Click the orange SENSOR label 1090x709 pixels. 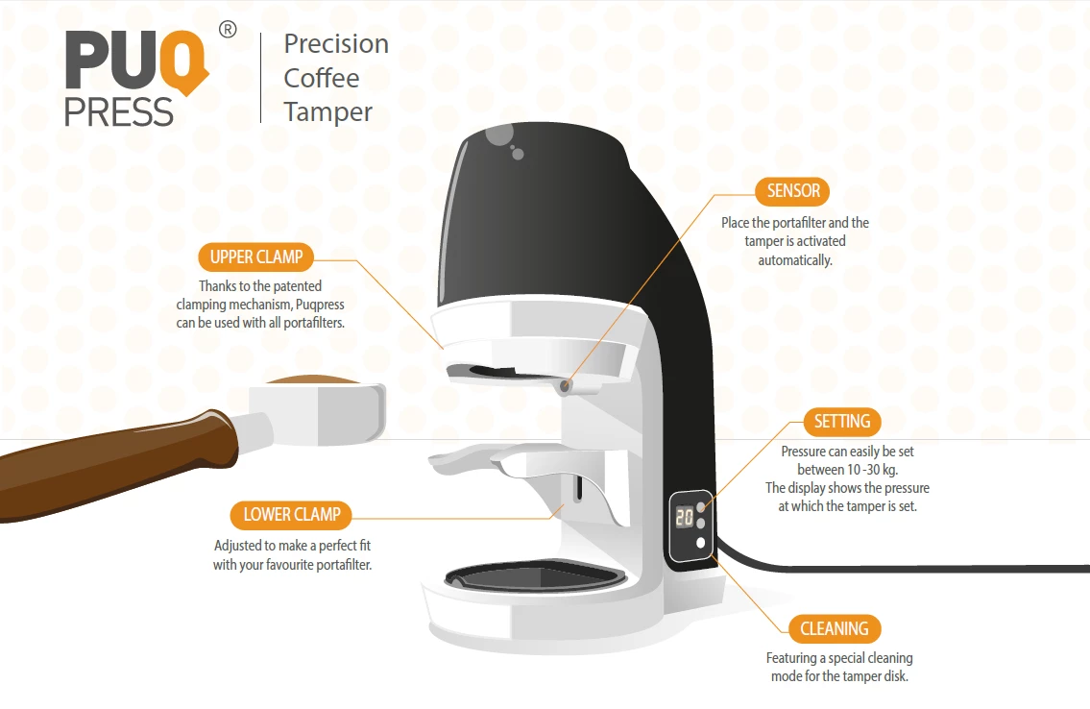click(792, 190)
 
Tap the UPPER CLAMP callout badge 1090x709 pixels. click(255, 257)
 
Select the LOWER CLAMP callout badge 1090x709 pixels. click(291, 514)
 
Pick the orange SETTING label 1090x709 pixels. click(842, 421)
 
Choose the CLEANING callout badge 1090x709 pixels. click(835, 628)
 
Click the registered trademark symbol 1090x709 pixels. click(228, 29)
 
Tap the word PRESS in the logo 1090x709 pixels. click(118, 112)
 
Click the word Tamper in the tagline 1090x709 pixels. click(328, 111)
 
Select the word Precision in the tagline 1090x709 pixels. click(336, 44)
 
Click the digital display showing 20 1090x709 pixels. click(685, 517)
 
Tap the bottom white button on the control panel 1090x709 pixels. click(701, 543)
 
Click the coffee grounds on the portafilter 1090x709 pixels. click(313, 379)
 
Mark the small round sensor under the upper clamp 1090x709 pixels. click(567, 386)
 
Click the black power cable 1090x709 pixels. click(904, 567)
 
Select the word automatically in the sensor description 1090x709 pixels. click(794, 260)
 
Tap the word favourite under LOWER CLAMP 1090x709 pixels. click(289, 565)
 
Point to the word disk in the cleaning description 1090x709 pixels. click(895, 675)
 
